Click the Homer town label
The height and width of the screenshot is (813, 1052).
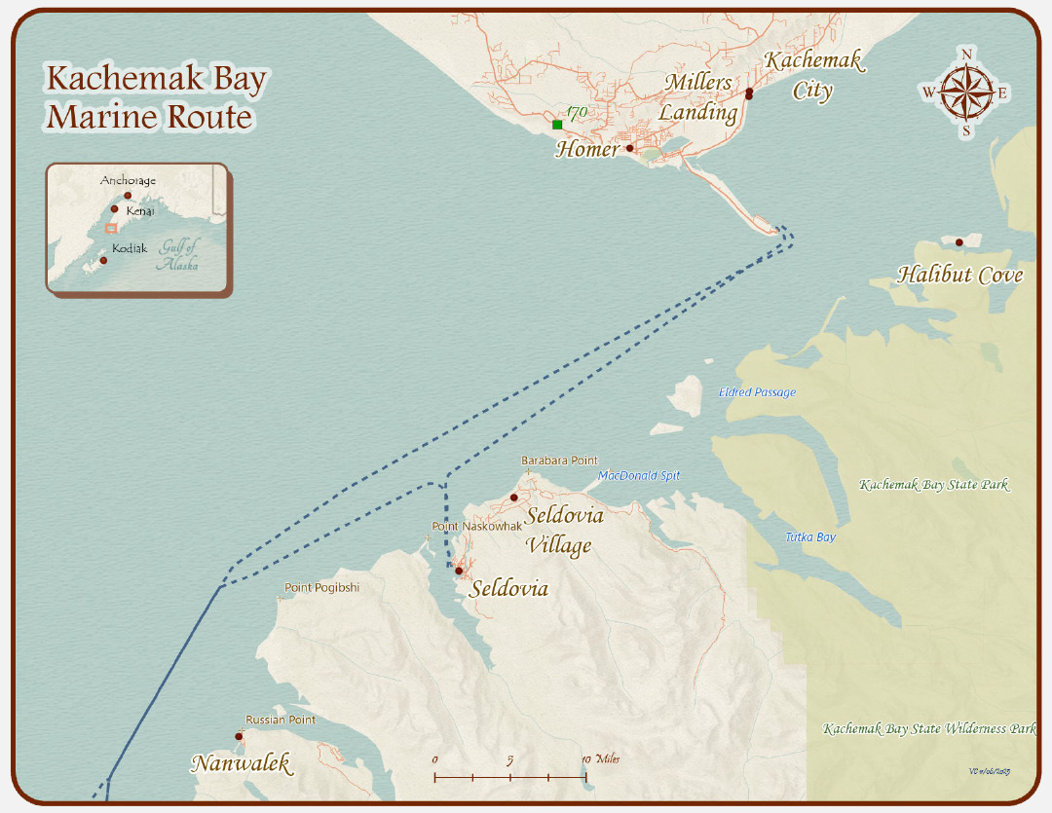587,150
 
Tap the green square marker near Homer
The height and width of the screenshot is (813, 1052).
557,125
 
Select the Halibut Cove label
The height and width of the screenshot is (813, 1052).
959,275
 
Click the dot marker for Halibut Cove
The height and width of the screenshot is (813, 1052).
959,242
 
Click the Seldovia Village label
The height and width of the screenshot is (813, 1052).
564,530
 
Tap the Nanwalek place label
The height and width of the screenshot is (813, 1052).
241,763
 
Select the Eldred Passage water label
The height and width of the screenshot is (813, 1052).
757,392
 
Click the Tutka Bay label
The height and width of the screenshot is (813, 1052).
810,537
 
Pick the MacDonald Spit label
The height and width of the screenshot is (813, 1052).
639,476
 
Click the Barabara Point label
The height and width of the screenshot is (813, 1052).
559,461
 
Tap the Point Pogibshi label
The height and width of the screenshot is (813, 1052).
321,588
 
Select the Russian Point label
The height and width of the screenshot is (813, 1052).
281,721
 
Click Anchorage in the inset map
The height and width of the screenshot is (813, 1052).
128,181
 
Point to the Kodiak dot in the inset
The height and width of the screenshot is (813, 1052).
104,260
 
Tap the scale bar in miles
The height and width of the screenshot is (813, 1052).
509,776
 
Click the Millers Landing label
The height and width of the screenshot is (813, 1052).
698,97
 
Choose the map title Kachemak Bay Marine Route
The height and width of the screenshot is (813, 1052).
156,98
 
